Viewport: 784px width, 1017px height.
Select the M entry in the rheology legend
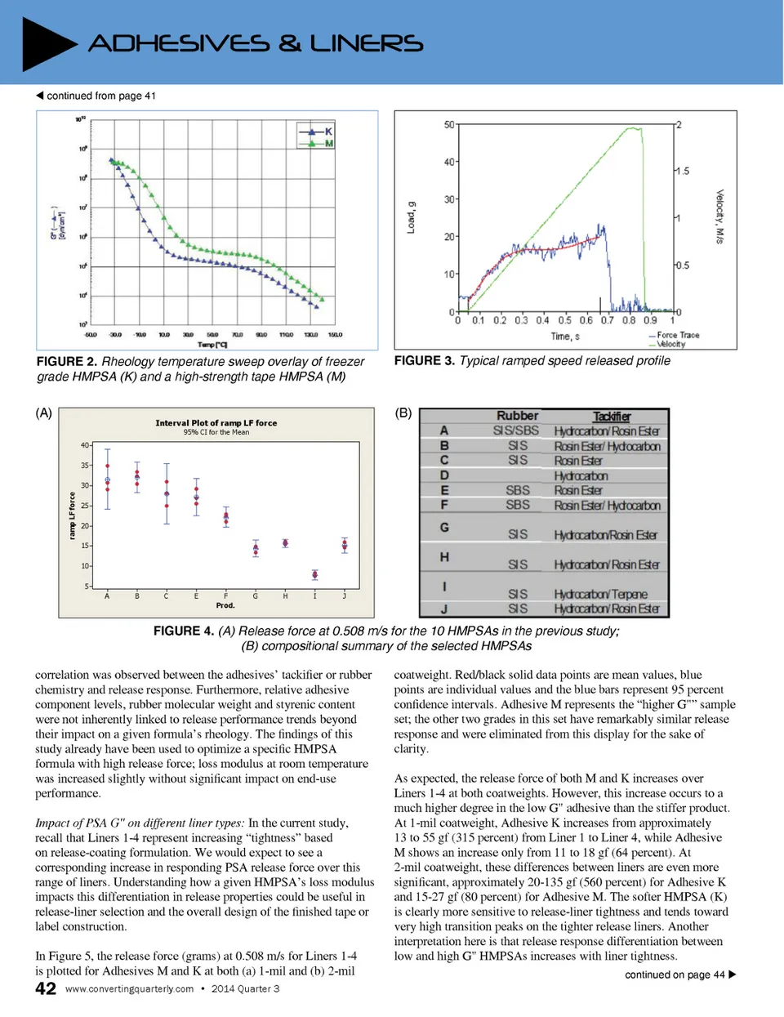pyautogui.click(x=328, y=144)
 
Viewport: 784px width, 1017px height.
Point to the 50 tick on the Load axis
pyautogui.click(x=449, y=125)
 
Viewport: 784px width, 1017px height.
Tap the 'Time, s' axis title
pyautogui.click(x=565, y=337)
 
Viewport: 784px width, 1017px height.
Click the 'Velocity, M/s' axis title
pyautogui.click(x=719, y=216)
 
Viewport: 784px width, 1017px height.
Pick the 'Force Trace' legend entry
pyautogui.click(x=678, y=335)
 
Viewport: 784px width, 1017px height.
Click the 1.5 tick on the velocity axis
pyautogui.click(x=682, y=171)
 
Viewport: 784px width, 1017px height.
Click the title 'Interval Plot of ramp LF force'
pyautogui.click(x=216, y=423)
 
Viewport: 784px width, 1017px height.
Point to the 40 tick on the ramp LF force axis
pyautogui.click(x=85, y=445)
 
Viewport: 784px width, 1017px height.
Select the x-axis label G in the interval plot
pyautogui.click(x=255, y=596)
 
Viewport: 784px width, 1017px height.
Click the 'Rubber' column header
pyautogui.click(x=517, y=416)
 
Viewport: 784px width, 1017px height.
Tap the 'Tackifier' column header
pyautogui.click(x=612, y=417)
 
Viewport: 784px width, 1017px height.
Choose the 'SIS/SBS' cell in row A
pyautogui.click(x=516, y=430)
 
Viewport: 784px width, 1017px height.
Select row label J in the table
pyautogui.click(x=444, y=609)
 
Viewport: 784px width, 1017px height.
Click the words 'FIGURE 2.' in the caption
pyautogui.click(x=66, y=361)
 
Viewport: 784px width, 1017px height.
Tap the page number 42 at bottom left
pyautogui.click(x=46, y=988)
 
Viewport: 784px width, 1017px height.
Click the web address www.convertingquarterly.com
pyautogui.click(x=129, y=988)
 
